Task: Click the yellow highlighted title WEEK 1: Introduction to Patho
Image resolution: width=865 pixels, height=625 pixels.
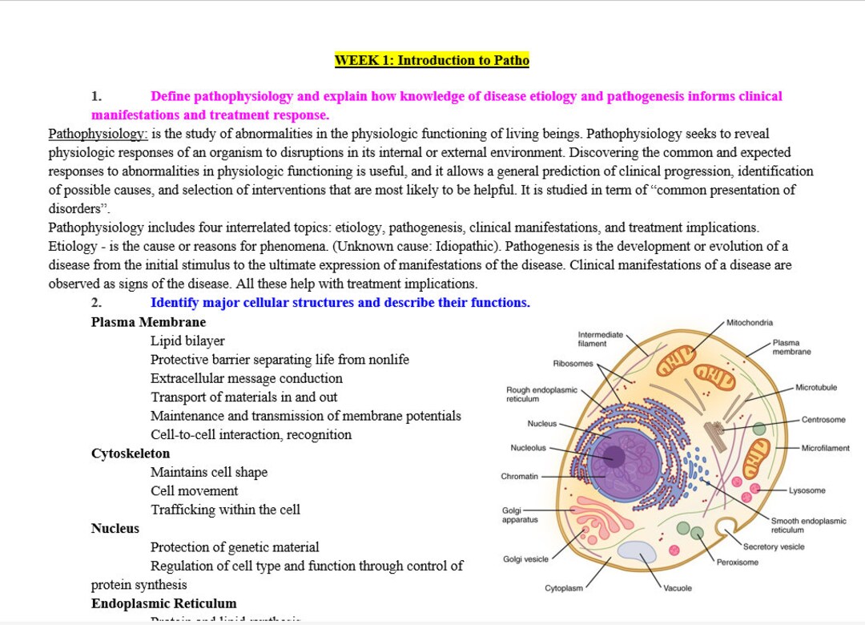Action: (432, 60)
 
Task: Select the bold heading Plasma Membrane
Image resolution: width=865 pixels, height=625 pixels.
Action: (148, 322)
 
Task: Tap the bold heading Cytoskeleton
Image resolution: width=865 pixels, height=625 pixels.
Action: (131, 454)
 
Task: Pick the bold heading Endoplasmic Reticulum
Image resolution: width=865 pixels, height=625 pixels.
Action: (163, 603)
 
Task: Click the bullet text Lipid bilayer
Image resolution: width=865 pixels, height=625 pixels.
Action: (187, 341)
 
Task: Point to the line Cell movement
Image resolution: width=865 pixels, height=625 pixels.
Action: (194, 490)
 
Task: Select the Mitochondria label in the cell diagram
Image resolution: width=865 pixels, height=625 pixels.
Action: (750, 323)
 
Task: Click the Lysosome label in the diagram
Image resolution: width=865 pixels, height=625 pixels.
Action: (807, 490)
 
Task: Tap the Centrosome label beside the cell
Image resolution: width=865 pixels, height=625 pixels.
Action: (823, 420)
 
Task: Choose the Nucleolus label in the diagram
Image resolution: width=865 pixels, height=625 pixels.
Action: (528, 448)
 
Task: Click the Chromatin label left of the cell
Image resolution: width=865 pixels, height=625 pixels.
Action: (520, 477)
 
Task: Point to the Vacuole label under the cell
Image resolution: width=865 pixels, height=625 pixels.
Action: (678, 588)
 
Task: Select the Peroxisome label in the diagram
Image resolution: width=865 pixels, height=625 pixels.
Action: (737, 562)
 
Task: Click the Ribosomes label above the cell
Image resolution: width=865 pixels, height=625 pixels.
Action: (573, 364)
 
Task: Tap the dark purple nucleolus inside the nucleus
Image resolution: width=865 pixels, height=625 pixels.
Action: (614, 456)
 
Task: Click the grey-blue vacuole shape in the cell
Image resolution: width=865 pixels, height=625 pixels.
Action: (637, 551)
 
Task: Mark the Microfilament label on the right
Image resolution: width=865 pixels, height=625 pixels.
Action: (826, 449)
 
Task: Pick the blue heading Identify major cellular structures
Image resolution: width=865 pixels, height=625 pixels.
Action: (340, 303)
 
